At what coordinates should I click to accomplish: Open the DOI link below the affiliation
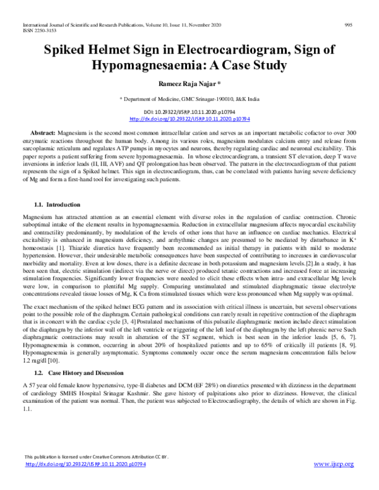click(189, 118)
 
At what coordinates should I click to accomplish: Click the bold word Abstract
click(42, 134)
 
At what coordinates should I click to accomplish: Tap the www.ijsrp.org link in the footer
click(334, 464)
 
